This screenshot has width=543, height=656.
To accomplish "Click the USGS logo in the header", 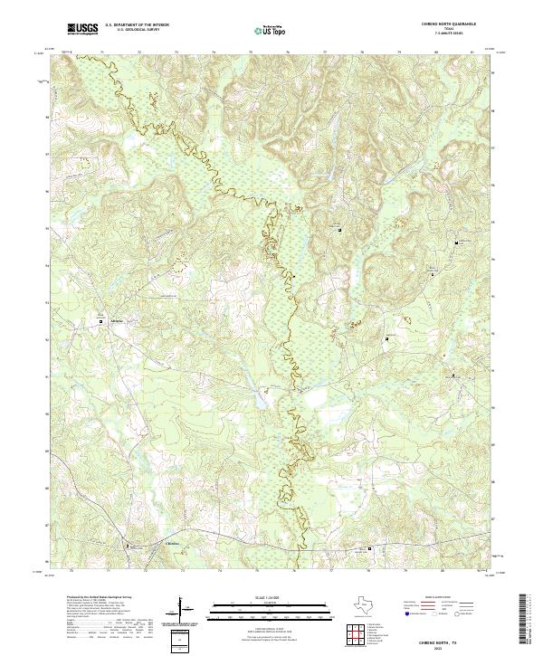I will (x=82, y=29).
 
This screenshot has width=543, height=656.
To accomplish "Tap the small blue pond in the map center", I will (x=262, y=393).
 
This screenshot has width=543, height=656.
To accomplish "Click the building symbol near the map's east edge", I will (x=458, y=242).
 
